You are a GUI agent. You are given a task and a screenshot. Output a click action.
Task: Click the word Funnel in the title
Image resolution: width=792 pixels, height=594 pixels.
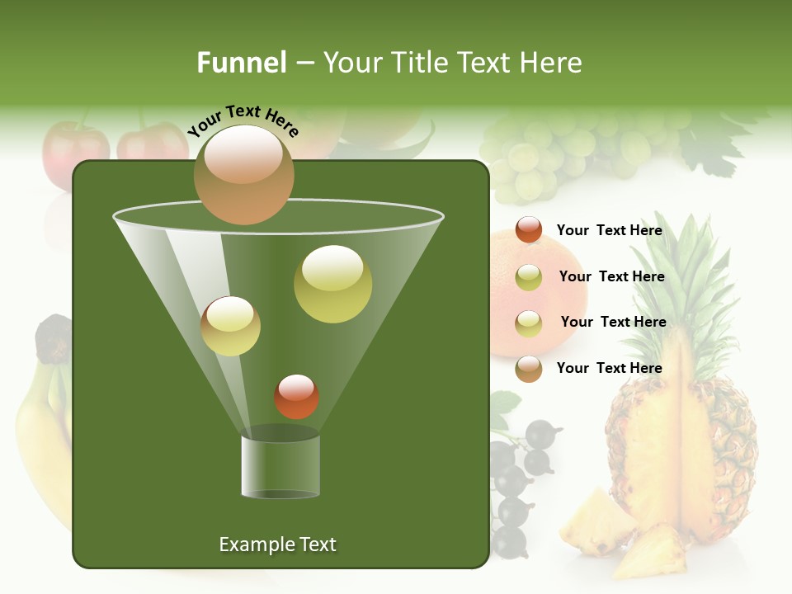(x=241, y=63)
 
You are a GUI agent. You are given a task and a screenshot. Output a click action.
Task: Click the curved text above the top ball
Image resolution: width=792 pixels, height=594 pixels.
(x=243, y=120)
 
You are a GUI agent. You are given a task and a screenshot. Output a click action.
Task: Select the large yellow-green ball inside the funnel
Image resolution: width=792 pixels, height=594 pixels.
(x=332, y=284)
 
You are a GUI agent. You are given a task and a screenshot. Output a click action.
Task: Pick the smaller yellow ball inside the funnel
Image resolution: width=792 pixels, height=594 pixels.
(x=230, y=326)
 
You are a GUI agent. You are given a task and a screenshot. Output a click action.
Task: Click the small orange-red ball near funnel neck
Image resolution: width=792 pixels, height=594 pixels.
(x=296, y=396)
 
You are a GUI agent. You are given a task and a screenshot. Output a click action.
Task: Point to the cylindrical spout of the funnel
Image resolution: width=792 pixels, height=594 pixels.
(x=280, y=466)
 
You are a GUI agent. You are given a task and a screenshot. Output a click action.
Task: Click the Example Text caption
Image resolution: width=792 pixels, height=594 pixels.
(x=277, y=544)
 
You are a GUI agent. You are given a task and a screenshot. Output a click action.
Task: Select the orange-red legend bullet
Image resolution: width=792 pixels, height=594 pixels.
(x=529, y=230)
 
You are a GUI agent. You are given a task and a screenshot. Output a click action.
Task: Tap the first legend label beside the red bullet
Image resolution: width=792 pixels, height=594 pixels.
(x=609, y=231)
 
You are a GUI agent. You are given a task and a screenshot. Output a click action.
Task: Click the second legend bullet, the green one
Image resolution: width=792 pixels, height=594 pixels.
(x=529, y=277)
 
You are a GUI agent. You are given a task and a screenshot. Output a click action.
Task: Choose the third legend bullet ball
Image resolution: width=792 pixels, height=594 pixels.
(x=529, y=323)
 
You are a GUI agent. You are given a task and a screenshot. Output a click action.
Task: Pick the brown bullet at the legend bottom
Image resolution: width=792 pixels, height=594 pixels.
(x=529, y=369)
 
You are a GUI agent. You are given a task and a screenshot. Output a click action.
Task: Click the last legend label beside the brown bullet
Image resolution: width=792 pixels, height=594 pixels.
(x=609, y=368)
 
